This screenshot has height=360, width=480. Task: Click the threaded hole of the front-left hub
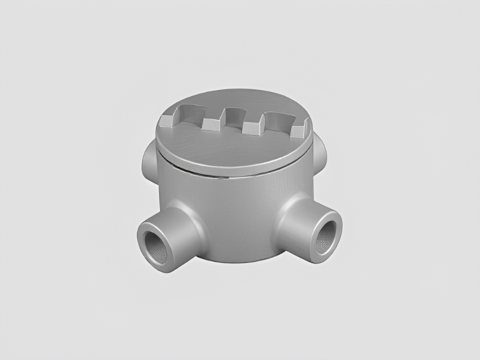[157, 245]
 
